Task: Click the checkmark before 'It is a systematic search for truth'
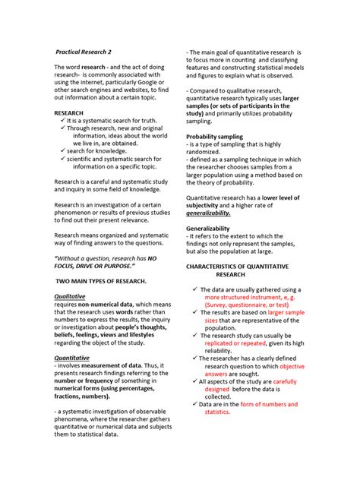point(62,120)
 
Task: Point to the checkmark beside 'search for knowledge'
point(62,151)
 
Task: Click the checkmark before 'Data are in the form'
point(194,405)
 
